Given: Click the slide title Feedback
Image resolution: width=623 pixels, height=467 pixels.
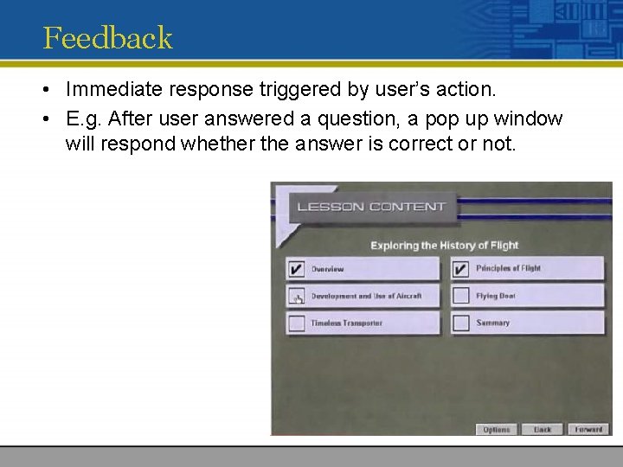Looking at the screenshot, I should coord(107,38).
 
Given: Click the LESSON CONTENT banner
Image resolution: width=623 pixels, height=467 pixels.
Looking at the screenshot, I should coord(371,207).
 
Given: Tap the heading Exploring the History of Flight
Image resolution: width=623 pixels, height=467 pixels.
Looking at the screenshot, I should coord(444,246).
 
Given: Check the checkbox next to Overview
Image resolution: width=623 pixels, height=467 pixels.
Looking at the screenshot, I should coord(297,269).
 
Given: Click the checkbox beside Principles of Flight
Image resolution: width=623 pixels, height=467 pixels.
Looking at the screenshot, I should coord(460,269).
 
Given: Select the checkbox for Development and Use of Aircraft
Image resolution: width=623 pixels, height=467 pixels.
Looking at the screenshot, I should coord(297,297).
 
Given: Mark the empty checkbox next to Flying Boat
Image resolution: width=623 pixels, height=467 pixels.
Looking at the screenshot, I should coord(460,297).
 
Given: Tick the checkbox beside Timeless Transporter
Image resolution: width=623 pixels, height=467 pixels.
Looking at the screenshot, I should coord(297,323).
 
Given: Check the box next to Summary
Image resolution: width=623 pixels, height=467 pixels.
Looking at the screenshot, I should coord(460,323).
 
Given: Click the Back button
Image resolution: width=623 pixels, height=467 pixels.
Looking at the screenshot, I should coord(543,429).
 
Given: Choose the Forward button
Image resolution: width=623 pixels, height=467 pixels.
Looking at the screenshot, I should coord(588,429).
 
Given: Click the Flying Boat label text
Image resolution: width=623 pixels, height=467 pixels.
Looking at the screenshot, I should coord(496,297).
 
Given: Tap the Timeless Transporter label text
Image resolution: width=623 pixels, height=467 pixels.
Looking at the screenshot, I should coord(346,323).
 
